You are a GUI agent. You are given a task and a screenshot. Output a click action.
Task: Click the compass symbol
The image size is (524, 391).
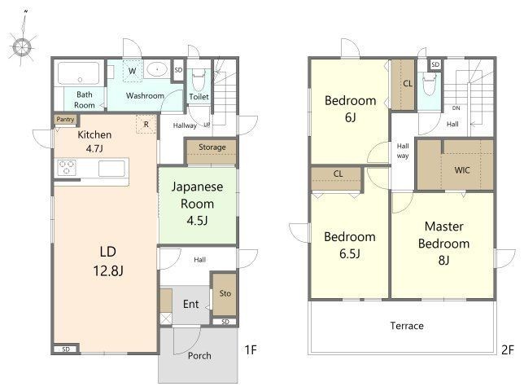click(22, 46)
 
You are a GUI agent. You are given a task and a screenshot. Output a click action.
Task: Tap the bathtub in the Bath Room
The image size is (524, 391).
click(79, 73)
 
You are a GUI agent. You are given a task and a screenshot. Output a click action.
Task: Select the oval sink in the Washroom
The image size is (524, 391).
click(157, 69)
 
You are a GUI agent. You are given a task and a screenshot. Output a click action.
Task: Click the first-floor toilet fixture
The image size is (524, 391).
click(199, 80)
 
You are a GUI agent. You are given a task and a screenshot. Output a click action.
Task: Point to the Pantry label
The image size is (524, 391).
click(65, 120)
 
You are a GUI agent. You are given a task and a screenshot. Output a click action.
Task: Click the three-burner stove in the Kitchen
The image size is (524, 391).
click(67, 168)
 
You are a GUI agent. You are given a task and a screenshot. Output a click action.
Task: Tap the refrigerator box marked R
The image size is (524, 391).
click(146, 125)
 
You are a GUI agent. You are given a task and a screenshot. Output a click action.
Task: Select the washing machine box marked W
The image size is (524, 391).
click(133, 71)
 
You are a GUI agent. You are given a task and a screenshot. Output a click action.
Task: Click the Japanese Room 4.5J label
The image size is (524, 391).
click(197, 204)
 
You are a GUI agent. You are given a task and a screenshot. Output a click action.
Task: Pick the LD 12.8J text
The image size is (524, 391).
click(108, 261)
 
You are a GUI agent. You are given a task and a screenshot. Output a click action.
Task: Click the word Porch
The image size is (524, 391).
click(199, 355)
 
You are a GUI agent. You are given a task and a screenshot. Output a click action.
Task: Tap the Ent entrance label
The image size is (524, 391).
click(191, 304)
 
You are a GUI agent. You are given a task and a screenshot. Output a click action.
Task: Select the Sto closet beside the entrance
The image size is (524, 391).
click(225, 294)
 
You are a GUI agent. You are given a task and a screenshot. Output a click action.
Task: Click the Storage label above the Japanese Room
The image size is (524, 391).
click(212, 147)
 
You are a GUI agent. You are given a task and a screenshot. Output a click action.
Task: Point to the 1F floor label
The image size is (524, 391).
click(251, 349)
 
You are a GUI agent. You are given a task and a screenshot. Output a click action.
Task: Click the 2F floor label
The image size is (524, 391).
click(507, 349)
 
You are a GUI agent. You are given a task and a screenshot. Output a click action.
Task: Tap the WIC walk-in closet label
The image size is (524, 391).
click(462, 170)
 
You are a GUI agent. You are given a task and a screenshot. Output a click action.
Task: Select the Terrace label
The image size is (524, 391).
click(407, 326)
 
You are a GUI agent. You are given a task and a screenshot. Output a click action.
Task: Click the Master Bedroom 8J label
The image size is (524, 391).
click(443, 244)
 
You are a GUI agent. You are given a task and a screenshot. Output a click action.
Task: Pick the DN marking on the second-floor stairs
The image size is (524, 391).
click(456, 108)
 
